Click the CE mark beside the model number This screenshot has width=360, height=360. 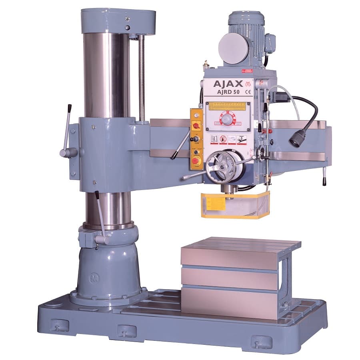point(248,92)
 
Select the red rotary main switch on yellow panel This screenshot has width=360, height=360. point(196,126)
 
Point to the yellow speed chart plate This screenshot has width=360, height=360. point(228,106)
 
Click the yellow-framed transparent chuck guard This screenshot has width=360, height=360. point(235,205)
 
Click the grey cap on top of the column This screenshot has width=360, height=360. point(118,22)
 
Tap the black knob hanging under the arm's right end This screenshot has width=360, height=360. point(324,181)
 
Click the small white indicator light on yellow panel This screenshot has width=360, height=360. point(196,115)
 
